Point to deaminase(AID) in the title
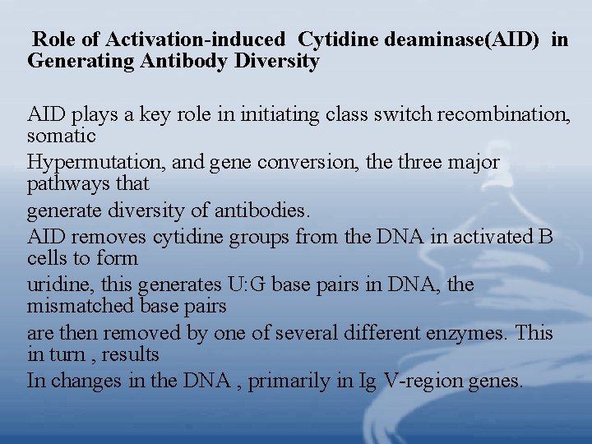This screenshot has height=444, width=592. coord(461,39)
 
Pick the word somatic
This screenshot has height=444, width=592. coord(62,135)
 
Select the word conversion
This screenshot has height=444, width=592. coord(308,162)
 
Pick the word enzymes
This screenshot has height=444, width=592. coord(465,333)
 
